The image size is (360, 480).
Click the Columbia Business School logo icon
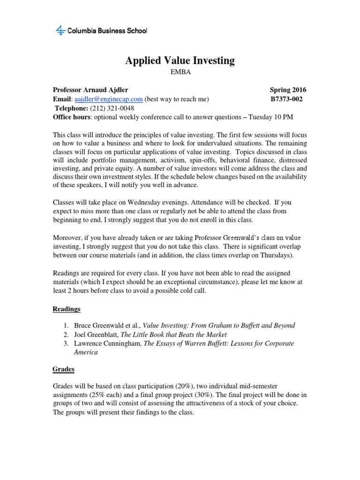click(x=60, y=31)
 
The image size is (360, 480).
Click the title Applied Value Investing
click(x=180, y=60)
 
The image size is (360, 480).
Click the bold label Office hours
click(x=72, y=117)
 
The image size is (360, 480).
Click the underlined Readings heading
click(x=66, y=309)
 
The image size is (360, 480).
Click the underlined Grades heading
click(x=63, y=369)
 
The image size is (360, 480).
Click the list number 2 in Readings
click(x=66, y=334)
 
